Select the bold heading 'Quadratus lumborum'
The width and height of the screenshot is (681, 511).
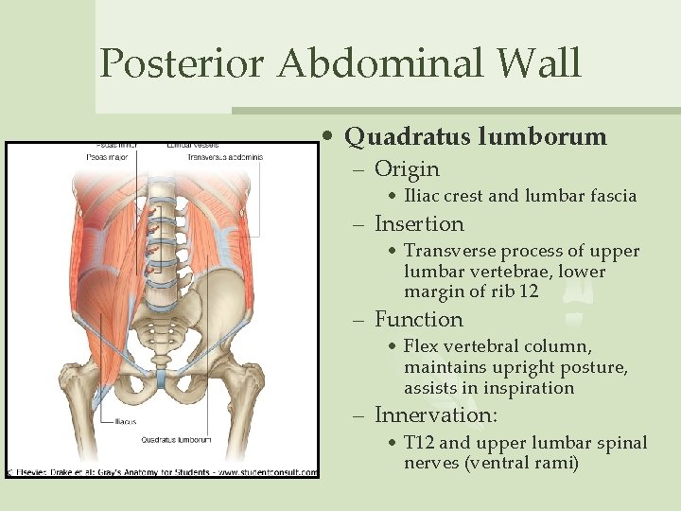pyautogui.click(x=476, y=136)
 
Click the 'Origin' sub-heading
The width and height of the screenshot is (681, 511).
pyautogui.click(x=407, y=169)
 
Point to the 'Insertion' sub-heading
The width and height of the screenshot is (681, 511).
pyautogui.click(x=419, y=224)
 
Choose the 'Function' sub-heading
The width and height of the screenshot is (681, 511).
pyautogui.click(x=418, y=320)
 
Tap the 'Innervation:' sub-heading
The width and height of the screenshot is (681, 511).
pyautogui.click(x=436, y=415)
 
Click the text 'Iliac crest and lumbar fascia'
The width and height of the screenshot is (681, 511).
pyautogui.click(x=520, y=197)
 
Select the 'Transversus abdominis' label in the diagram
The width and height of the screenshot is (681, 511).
pyautogui.click(x=224, y=157)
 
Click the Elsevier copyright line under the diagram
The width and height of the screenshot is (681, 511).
pyautogui.click(x=162, y=469)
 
